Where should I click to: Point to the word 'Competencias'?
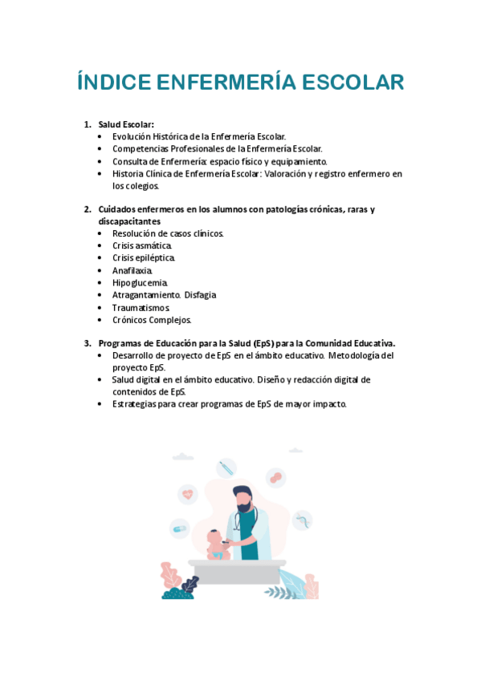pyautogui.click(x=141, y=148)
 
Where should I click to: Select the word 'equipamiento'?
pyautogui.click(x=299, y=161)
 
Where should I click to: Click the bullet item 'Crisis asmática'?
pyautogui.click(x=142, y=245)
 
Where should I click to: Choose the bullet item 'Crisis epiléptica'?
pyautogui.click(x=144, y=257)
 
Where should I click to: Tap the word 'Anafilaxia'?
pyautogui.click(x=132, y=270)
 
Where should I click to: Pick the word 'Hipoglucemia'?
pyautogui.click(x=140, y=282)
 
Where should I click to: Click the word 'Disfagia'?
pyautogui.click(x=200, y=294)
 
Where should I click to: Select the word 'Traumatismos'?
pyautogui.click(x=141, y=307)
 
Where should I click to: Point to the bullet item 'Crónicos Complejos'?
pyautogui.click(x=152, y=319)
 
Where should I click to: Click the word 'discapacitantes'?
pyautogui.click(x=129, y=221)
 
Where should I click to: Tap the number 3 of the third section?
pyautogui.click(x=87, y=343)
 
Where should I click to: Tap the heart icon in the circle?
pyautogui.click(x=187, y=494)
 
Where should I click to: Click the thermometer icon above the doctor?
pyautogui.click(x=226, y=467)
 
